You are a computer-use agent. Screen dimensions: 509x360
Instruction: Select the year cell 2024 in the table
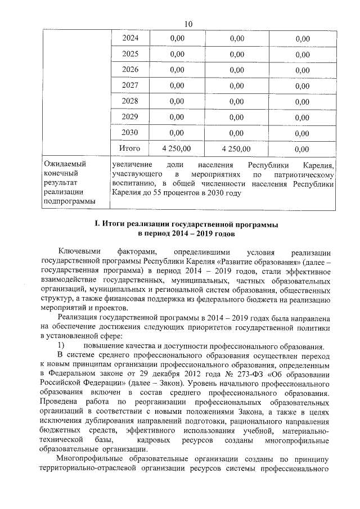[130, 38]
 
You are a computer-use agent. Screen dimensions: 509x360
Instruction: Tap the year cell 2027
[130, 85]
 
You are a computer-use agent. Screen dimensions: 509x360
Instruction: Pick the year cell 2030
[130, 133]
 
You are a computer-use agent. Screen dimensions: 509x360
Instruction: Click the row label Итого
[129, 148]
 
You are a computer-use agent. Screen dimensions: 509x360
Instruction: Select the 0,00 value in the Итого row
[302, 149]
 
